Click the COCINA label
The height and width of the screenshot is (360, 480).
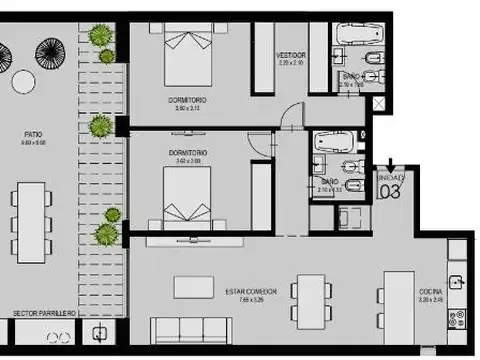tap(433, 293)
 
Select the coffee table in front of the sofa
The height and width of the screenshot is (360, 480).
tap(193, 287)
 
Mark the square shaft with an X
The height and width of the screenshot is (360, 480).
tap(349, 217)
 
